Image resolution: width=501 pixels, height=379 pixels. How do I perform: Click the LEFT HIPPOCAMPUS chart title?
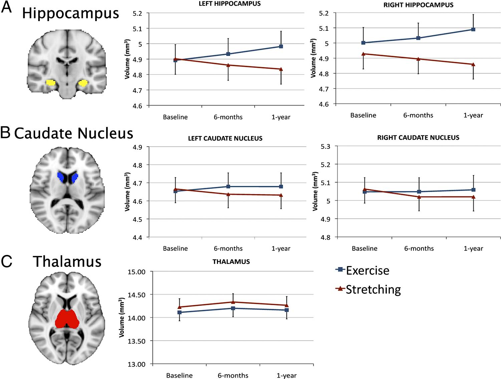[230, 4]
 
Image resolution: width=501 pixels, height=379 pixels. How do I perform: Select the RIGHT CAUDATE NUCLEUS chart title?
[418, 138]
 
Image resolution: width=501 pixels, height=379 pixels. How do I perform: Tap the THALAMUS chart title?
[231, 262]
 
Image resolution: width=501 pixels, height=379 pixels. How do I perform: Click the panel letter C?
[6, 261]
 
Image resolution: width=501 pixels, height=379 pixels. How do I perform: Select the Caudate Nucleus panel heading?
[73, 133]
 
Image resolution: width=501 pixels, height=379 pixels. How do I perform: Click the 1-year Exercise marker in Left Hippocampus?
[281, 46]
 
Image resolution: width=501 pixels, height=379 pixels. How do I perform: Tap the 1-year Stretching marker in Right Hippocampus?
[473, 64]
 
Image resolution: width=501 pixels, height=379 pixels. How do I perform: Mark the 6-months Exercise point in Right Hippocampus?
[418, 38]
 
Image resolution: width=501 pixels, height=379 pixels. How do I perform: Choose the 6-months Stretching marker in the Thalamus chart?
[233, 302]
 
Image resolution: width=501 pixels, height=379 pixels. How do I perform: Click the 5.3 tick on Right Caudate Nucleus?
[325, 146]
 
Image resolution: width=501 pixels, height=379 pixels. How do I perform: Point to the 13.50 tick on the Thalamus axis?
[137, 341]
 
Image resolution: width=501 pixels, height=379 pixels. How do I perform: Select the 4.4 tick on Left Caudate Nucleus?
[137, 238]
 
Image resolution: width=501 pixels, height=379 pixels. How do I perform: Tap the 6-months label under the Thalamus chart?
[233, 375]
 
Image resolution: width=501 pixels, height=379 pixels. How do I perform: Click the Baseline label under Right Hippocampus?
[363, 115]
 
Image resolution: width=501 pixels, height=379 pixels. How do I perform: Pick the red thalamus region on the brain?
[67, 319]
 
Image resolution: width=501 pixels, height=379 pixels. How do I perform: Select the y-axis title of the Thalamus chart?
[122, 318]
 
